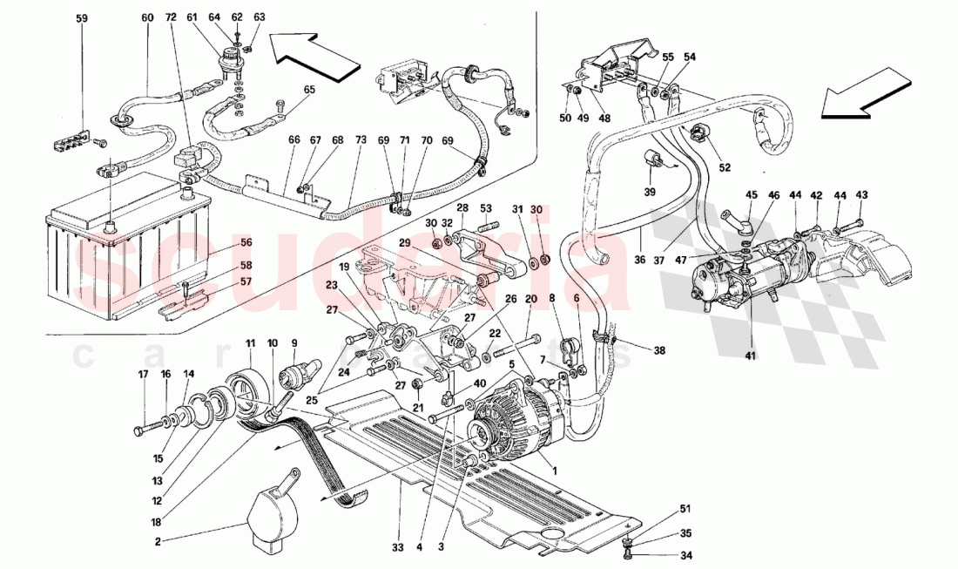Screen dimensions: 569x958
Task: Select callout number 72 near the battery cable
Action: (x=170, y=17)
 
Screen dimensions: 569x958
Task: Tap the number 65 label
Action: (x=309, y=90)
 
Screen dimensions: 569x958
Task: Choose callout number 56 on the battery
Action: (x=246, y=243)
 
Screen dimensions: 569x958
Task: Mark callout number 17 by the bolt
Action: (x=142, y=376)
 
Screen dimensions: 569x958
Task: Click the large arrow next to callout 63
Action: (x=314, y=55)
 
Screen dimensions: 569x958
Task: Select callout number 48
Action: (x=604, y=118)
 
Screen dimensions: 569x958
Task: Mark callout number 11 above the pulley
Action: (x=250, y=343)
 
